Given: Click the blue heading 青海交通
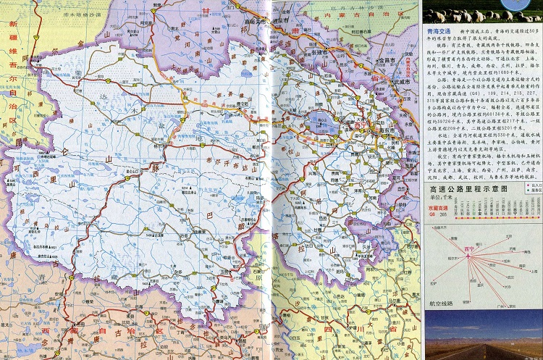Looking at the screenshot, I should tap(439, 32).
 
